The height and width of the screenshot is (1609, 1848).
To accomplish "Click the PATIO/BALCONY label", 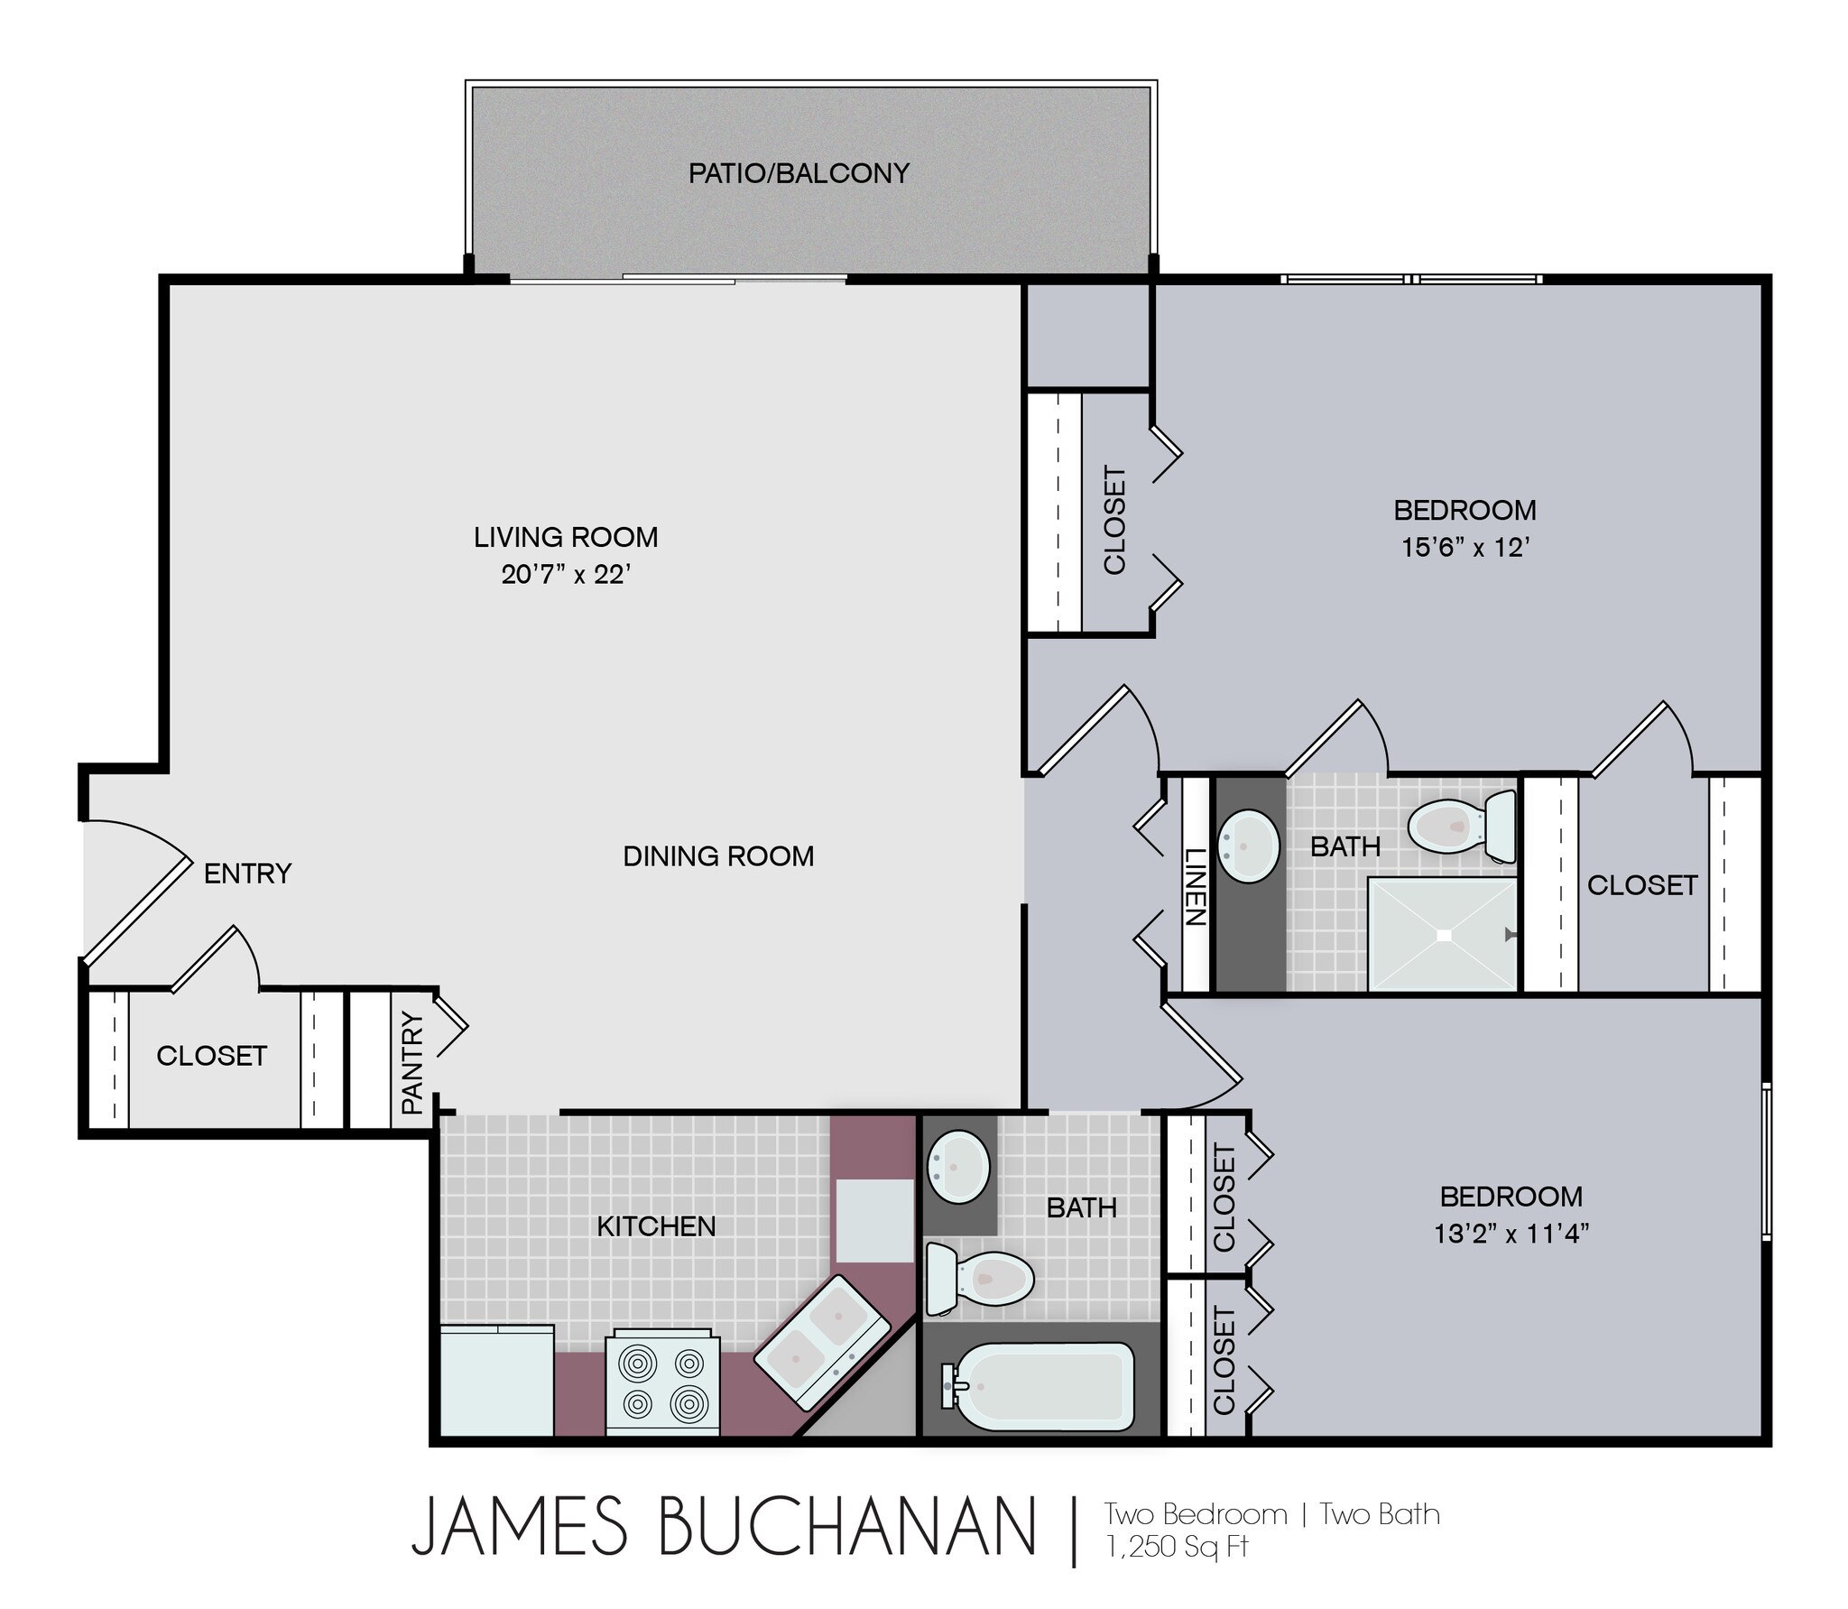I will pos(799,173).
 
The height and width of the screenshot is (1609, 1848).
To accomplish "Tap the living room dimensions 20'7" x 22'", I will pos(566,575).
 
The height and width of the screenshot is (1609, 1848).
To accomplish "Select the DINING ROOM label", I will pos(718,856).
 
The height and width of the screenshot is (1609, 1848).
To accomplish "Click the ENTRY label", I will pos(247,874).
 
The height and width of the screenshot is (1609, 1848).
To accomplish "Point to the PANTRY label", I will pos(411,1062).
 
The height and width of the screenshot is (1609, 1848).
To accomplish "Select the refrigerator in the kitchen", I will pos(496,1380).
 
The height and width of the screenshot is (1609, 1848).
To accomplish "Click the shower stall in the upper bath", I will pos(1442,935).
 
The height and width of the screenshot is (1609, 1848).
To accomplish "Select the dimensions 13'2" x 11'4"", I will pos(1511,1234).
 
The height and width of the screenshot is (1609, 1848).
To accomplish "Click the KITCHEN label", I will pos(656,1226).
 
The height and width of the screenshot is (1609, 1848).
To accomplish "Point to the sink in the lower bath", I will pos(957,1167).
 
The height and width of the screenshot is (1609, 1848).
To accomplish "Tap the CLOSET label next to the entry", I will pos(211,1056).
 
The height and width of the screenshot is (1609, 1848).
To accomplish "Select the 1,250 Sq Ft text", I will pos(1177,1547).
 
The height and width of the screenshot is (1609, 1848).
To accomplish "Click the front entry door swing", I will pos(135,889).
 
